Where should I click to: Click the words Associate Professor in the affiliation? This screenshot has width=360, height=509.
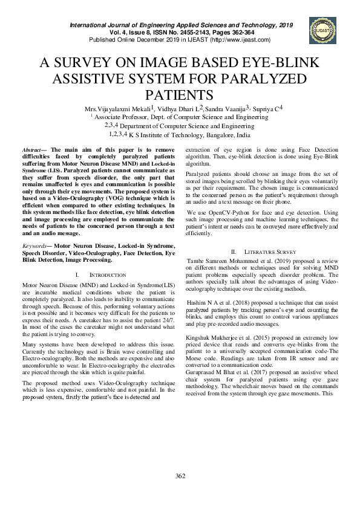(x=120, y=117)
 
